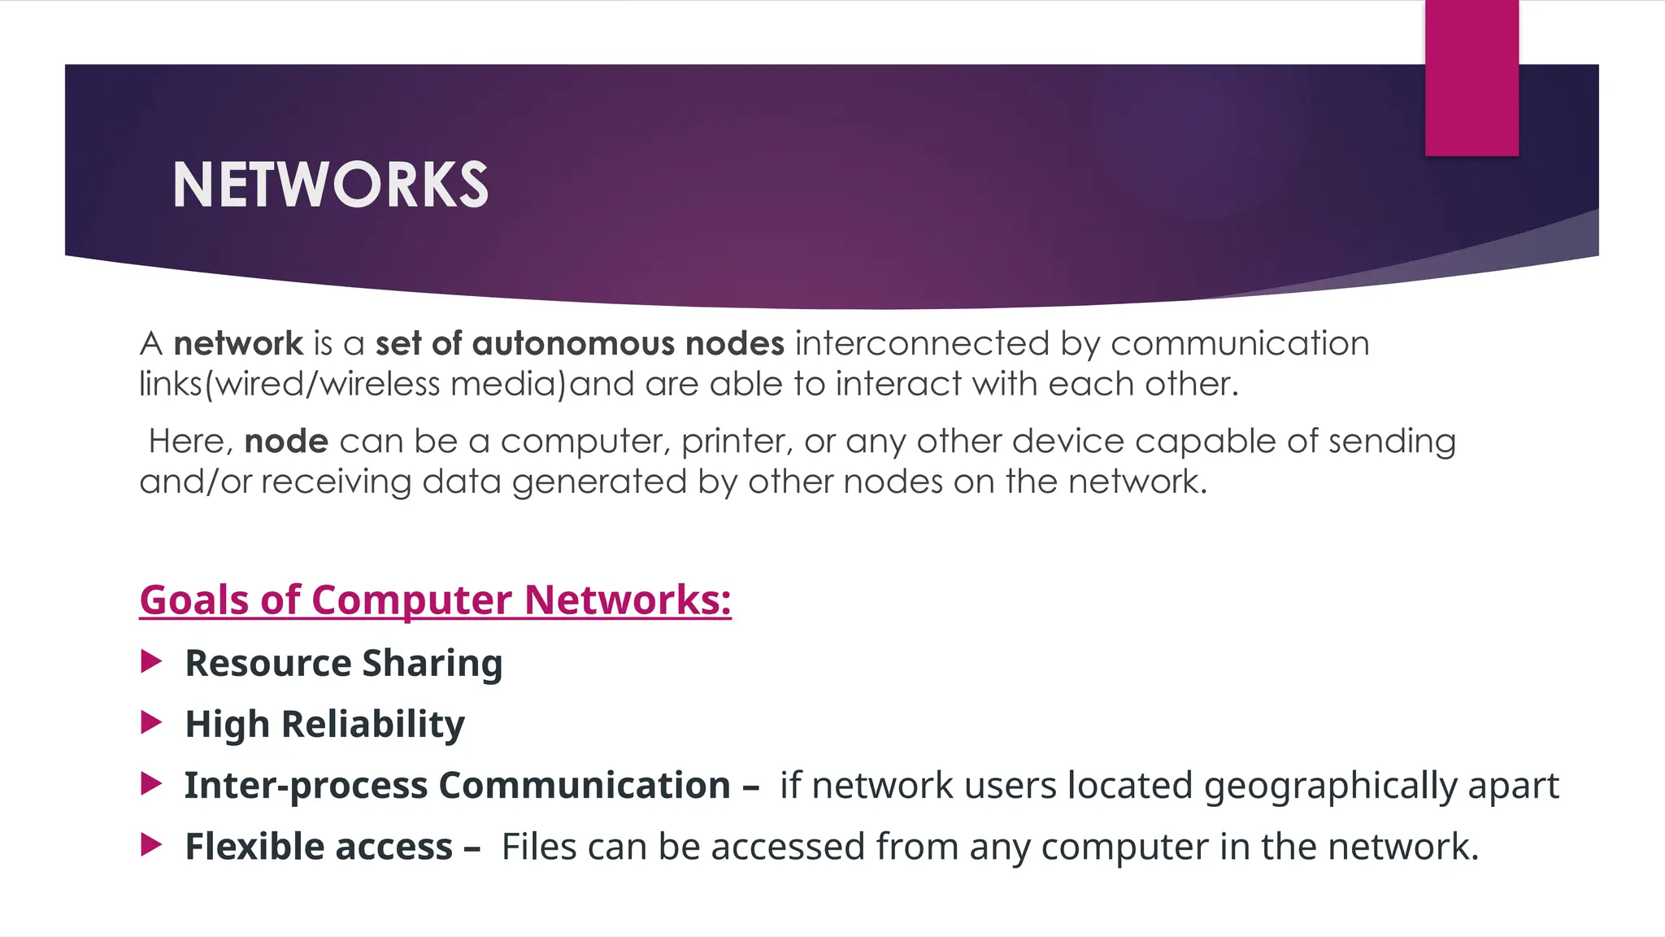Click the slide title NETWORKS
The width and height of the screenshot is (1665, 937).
click(x=330, y=185)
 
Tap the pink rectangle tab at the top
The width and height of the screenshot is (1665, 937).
click(x=1472, y=78)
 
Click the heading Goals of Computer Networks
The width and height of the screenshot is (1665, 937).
click(x=435, y=600)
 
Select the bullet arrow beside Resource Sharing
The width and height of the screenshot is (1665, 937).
click(x=151, y=661)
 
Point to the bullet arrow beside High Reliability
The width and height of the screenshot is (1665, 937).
click(x=151, y=722)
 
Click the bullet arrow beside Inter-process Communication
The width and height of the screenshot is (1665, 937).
click(x=151, y=784)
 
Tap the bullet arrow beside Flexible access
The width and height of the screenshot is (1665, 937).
click(x=151, y=845)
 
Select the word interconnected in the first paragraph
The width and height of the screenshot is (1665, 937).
click(x=922, y=343)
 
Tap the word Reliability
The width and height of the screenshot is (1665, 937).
click(x=373, y=724)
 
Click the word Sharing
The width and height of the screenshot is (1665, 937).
click(x=433, y=664)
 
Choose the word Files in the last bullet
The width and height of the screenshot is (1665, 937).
click(x=538, y=847)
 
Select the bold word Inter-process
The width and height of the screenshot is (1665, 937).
click(x=306, y=786)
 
